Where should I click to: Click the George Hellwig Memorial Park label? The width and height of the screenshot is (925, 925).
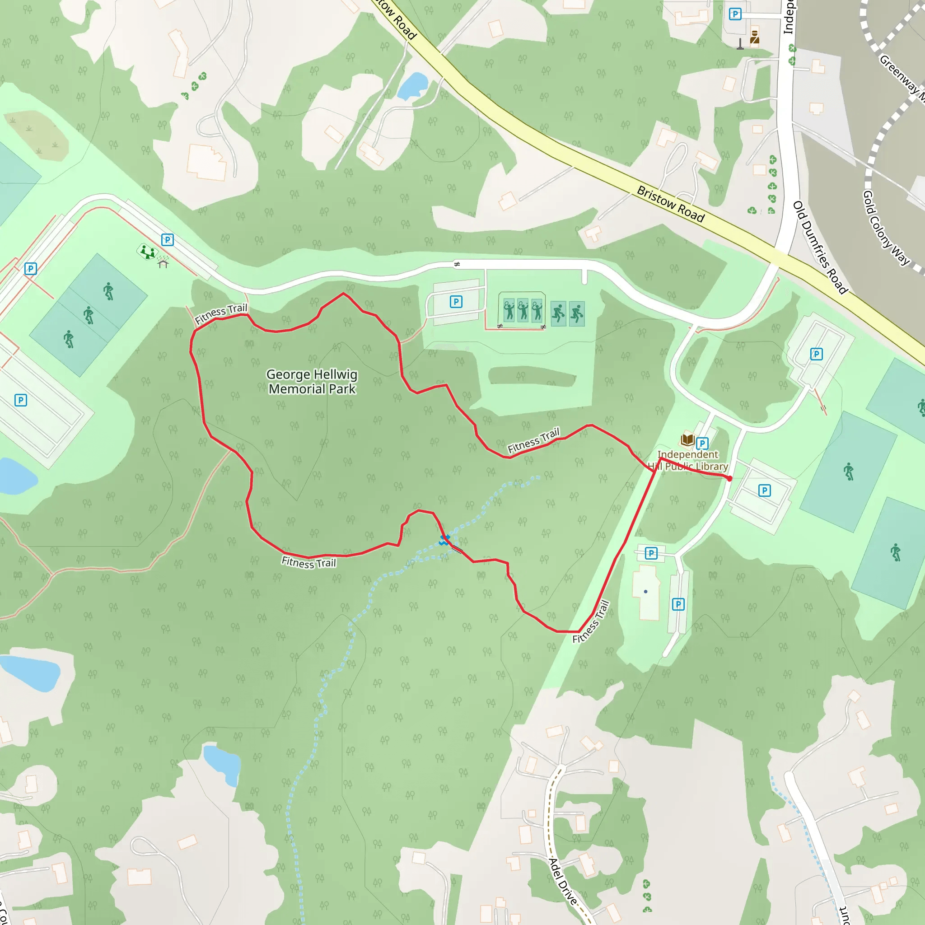[312, 381]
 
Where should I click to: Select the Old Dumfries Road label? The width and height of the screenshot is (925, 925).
[820, 247]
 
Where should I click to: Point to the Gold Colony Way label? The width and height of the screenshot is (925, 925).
[886, 228]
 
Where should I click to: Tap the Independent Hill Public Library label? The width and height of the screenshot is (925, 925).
[688, 460]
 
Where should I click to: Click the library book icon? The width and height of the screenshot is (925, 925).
[687, 439]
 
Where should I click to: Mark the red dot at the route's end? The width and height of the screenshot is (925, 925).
[729, 478]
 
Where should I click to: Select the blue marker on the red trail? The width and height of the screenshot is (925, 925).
[445, 540]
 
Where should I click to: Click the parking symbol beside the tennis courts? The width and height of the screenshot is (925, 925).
[456, 302]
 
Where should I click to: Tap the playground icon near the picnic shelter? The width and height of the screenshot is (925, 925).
[147, 252]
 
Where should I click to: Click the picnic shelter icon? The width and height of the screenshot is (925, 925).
[163, 263]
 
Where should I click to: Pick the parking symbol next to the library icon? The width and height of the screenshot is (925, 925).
[702, 444]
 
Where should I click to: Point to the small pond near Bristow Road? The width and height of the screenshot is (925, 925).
[412, 85]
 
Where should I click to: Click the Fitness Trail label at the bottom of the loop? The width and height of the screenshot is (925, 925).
[309, 562]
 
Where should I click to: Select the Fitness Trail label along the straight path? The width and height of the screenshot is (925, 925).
[591, 621]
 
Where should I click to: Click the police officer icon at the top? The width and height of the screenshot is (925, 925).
[755, 37]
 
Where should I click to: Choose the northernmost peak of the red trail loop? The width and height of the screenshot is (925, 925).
[343, 293]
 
